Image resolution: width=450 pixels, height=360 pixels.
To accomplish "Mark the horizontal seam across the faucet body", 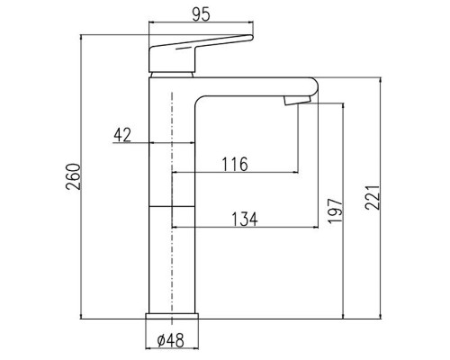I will coord(171,206).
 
